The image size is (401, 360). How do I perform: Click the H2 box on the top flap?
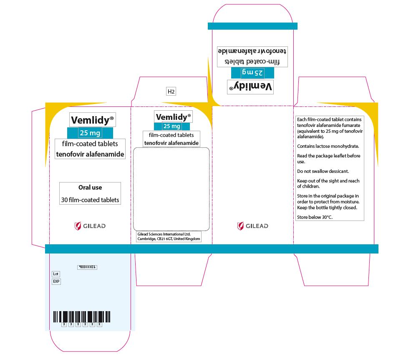tap(171, 91)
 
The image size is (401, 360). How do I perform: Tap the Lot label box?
tap(56, 274)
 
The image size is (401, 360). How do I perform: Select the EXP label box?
tap(56, 281)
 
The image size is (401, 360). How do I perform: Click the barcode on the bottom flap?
tap(82, 317)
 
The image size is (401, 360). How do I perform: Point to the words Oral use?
tap(90, 188)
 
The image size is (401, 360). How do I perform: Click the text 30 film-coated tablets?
tap(90, 200)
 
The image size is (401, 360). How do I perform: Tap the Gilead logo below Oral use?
tap(90, 226)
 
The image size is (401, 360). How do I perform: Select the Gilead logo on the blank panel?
tap(253, 226)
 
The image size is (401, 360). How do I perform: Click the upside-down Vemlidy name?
tap(250, 87)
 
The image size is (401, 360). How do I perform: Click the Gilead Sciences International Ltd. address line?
tap(164, 234)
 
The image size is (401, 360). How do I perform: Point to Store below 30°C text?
tap(315, 217)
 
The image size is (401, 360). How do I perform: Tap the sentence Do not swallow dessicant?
tap(323, 171)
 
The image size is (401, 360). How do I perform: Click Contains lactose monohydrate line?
tap(328, 146)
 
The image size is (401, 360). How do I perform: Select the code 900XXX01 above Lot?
tap(87, 267)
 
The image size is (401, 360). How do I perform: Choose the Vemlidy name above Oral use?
tap(92, 120)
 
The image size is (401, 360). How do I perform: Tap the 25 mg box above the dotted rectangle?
tap(172, 126)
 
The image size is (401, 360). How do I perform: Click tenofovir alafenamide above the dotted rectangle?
tap(171, 143)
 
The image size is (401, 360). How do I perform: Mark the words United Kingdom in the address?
tap(187, 239)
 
